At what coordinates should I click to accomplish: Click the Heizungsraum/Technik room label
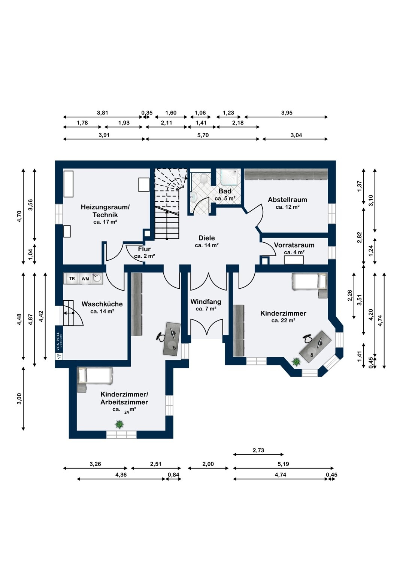coord(105,211)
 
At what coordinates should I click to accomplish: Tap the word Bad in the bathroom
coord(225,191)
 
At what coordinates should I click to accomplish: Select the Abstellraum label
coord(287,200)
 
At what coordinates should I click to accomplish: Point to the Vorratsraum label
coord(294,245)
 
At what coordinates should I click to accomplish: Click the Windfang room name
coord(206,301)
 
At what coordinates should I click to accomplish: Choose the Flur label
coord(144,249)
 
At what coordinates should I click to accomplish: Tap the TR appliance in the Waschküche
coord(72,279)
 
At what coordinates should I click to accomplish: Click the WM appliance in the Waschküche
coord(85,279)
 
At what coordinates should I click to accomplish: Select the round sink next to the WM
coord(97,278)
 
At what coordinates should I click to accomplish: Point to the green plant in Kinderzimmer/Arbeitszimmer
coord(119,424)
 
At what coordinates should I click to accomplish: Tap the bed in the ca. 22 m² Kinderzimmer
coord(309,282)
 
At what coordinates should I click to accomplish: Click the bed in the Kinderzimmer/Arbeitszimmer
coord(95,376)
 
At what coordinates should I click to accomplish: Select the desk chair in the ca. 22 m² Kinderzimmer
coord(308,338)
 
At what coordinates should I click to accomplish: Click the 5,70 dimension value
coord(203,135)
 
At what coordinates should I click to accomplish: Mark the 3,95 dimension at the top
coord(287,113)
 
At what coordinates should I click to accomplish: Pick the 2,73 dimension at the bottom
coord(258,450)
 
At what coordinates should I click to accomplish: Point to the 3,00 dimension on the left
coord(19,399)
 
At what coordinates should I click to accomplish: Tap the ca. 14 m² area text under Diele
coord(206,245)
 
